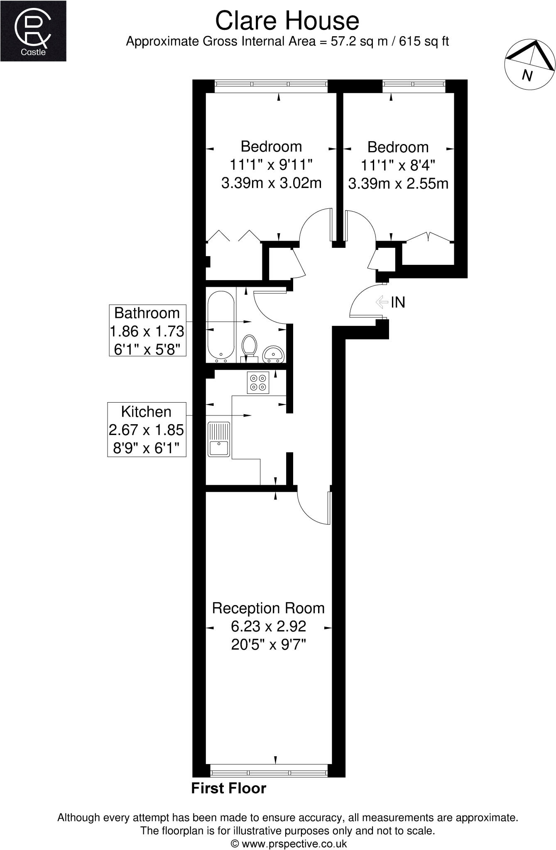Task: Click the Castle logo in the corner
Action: (33, 31)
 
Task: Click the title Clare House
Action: (287, 21)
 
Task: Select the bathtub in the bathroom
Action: (221, 325)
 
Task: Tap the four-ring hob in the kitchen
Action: (258, 382)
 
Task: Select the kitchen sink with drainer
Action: (219, 439)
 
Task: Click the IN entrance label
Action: (398, 302)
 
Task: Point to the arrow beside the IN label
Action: (382, 302)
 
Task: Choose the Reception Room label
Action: (268, 608)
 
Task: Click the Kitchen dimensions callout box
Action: (147, 430)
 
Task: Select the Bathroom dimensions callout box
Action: (147, 331)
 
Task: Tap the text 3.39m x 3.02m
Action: (272, 183)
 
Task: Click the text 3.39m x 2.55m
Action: (398, 183)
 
